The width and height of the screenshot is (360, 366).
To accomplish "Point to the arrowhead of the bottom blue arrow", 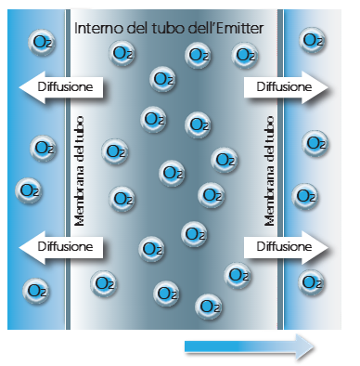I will coord(306,346).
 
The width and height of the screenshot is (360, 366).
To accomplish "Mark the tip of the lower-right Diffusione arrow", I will coord(329,247).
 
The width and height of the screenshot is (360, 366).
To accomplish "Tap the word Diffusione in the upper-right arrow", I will coord(281,87).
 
